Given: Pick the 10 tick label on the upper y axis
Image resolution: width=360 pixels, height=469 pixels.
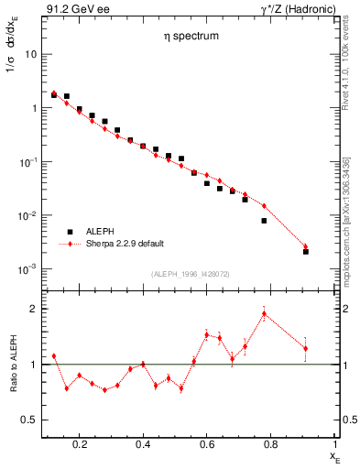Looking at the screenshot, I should point(30,54).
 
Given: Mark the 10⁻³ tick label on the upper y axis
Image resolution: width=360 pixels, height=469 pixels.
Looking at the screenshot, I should point(28,269).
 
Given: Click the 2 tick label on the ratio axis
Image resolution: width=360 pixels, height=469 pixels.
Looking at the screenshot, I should point(33,309).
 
